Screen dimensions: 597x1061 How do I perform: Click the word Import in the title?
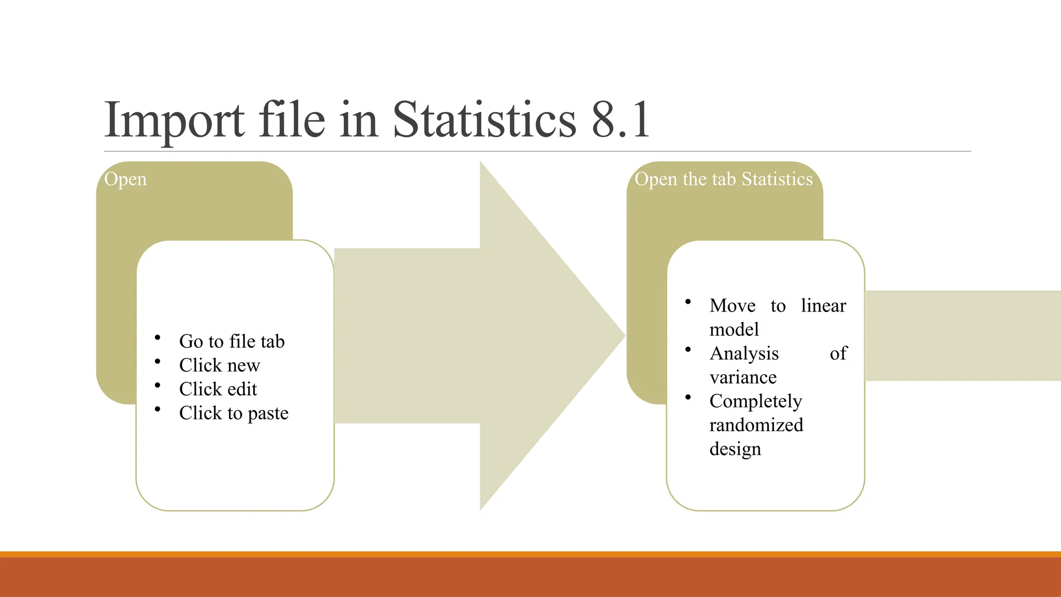(174, 120)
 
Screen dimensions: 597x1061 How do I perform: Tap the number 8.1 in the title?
(621, 120)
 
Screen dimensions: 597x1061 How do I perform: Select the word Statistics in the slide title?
(484, 120)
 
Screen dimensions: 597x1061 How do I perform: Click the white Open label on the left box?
(125, 179)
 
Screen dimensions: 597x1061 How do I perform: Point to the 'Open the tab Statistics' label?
(724, 179)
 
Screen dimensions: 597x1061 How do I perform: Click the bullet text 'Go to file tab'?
(232, 342)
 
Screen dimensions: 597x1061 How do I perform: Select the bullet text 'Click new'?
(220, 365)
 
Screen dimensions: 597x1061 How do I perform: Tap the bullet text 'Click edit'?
(218, 389)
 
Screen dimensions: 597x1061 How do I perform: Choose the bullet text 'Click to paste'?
(234, 413)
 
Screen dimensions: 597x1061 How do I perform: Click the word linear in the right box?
(823, 306)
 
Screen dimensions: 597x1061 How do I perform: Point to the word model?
(734, 330)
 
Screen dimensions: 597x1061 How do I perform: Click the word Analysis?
(744, 353)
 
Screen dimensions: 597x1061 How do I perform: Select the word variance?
(743, 377)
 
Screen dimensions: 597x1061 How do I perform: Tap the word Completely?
(756, 401)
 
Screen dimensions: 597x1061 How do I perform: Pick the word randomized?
(756, 425)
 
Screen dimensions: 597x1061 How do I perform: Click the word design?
(735, 449)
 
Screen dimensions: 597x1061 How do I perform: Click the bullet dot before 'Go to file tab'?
(157, 338)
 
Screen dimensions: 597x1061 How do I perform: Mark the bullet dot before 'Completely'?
(688, 397)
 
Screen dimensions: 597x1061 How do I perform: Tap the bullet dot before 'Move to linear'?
(688, 302)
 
